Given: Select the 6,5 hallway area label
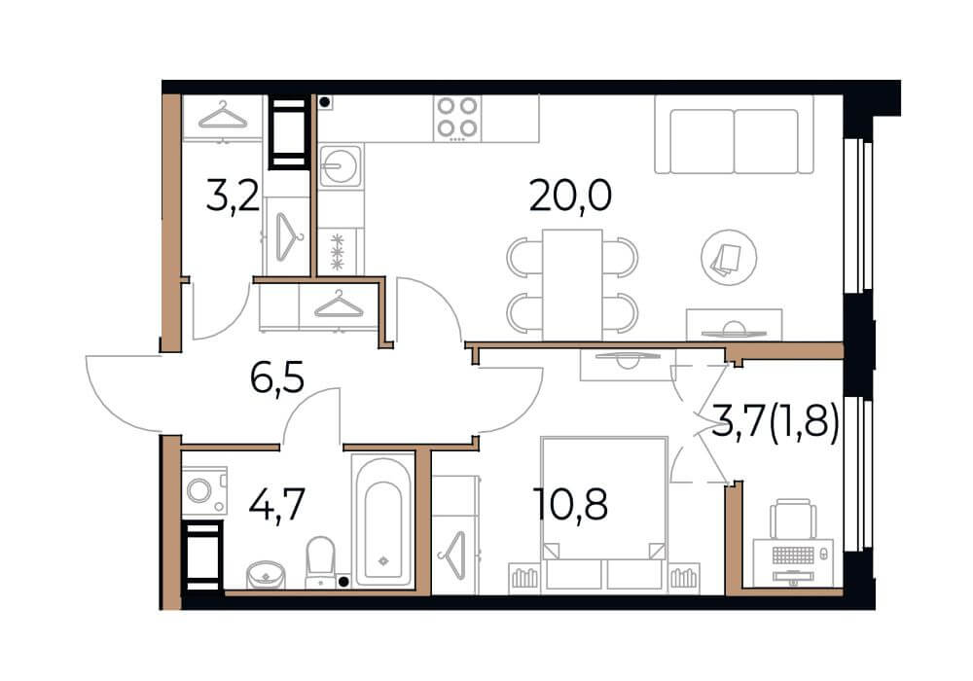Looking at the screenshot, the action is pos(277,378).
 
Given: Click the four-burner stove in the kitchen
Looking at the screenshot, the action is pos(457,117).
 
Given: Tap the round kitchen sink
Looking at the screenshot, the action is pos(340,165).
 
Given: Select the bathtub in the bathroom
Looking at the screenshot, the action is pos(383,520).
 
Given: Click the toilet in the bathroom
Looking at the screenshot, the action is pos(320,562).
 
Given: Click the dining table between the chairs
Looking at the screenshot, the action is pos(571,285).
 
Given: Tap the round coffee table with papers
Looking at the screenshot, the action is pos(729,258).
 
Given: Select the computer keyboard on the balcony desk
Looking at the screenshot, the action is pos(793,555).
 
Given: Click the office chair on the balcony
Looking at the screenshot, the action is pos(792,519).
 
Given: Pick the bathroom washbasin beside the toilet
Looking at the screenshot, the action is pos(267,574).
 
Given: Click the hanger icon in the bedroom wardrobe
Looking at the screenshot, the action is pos(452,556).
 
